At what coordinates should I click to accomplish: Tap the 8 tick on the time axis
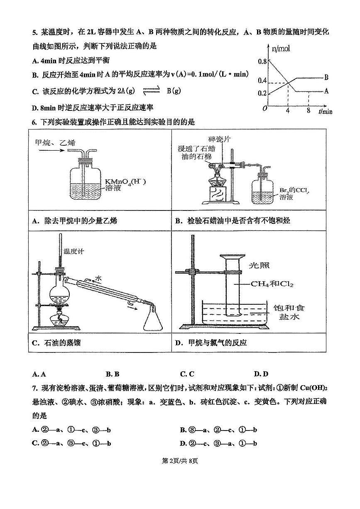(308, 111)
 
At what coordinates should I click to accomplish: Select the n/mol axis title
(281, 49)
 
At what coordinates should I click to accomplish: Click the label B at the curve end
(326, 77)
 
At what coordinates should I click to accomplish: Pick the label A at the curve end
(326, 91)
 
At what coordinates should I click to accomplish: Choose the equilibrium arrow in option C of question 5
(151, 91)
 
